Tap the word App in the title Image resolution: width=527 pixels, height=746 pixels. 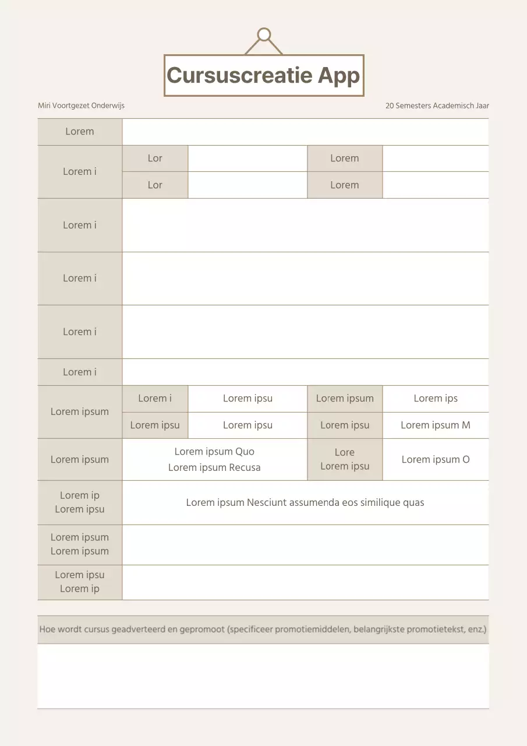click(339, 76)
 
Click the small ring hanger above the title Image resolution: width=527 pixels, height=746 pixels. click(264, 35)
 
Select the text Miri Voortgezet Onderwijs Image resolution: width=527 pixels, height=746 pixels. click(81, 105)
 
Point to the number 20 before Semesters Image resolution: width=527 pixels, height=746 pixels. click(390, 105)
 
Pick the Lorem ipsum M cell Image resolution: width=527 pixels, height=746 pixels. click(435, 425)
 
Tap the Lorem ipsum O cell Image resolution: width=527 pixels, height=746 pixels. click(435, 459)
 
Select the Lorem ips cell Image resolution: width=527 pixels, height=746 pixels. click(435, 398)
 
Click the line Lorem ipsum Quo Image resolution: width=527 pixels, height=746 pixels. click(214, 452)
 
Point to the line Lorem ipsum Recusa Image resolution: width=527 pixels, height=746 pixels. click(214, 467)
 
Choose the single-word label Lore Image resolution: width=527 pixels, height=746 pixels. click(344, 452)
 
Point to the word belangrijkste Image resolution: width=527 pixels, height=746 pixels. click(381, 629)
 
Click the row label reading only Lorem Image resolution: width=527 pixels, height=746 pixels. click(80, 131)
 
